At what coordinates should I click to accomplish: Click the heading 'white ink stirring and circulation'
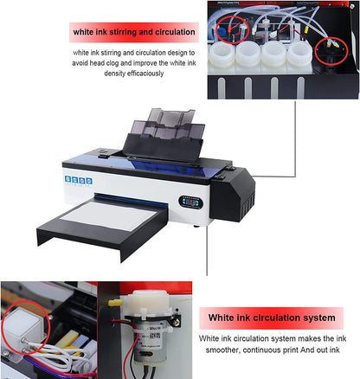click(134, 33)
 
